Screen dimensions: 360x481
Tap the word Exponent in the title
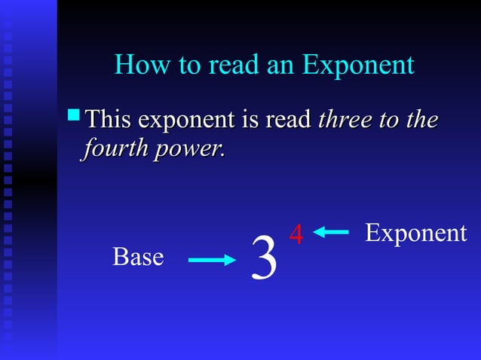[358, 66]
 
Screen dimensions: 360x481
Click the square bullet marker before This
[73, 115]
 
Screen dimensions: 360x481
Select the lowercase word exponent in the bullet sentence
[185, 121]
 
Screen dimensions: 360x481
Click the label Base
[138, 257]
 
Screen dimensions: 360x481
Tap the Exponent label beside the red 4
[415, 233]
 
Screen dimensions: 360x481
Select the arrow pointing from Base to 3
[212, 261]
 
